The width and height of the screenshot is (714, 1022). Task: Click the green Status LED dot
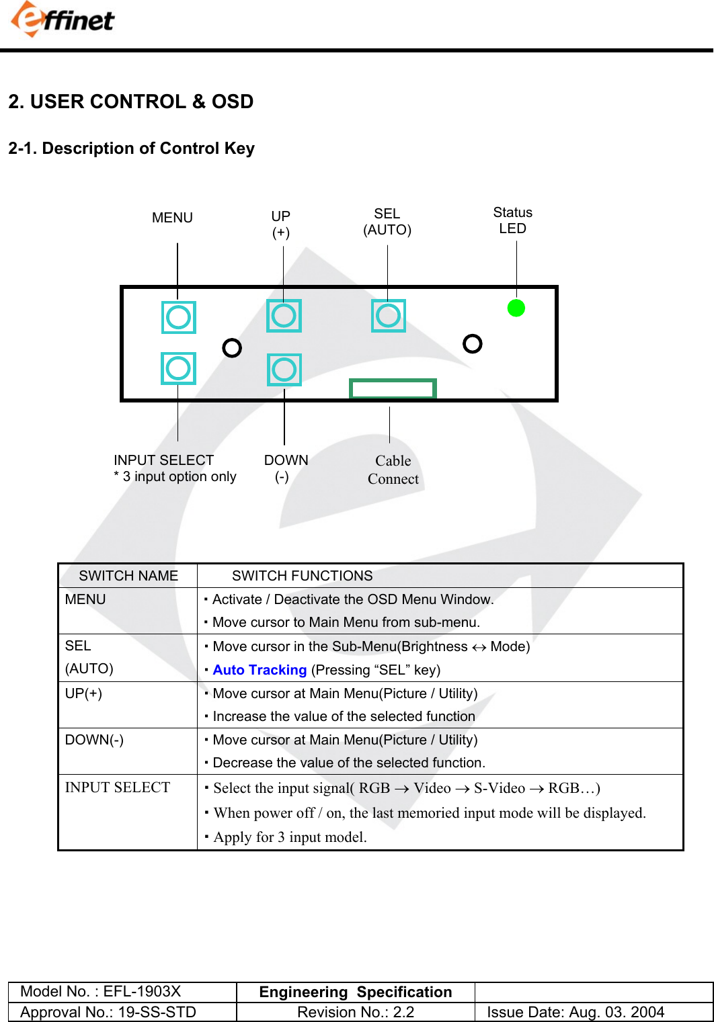(x=516, y=308)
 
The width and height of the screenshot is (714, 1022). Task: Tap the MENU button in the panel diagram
(x=178, y=317)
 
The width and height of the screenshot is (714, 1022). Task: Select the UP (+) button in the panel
(x=284, y=316)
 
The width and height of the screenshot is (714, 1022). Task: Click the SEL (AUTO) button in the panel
(x=388, y=315)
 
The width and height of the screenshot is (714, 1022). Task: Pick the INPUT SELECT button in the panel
(x=178, y=368)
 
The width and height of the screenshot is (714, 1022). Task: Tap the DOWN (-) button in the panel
(x=284, y=370)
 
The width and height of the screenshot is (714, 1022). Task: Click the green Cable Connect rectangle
(x=393, y=388)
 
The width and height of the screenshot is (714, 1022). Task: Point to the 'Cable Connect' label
(x=393, y=470)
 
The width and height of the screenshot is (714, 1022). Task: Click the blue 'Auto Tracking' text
(x=260, y=670)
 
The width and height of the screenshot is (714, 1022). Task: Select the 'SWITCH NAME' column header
(x=128, y=576)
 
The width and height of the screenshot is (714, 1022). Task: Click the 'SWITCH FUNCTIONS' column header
(x=302, y=576)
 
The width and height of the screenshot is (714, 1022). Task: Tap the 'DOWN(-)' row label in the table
(x=94, y=740)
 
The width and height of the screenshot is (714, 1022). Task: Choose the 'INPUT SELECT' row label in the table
(x=118, y=787)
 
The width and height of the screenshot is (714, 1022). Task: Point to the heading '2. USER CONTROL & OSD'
(x=131, y=101)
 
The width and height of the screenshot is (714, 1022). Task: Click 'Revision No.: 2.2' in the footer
(x=355, y=1012)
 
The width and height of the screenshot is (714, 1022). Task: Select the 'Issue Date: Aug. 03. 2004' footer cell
(x=576, y=1012)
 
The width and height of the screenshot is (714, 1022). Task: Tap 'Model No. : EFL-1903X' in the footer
(x=101, y=992)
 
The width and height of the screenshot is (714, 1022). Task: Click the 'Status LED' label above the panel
(x=512, y=220)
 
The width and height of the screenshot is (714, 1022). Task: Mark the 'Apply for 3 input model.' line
(x=290, y=837)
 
